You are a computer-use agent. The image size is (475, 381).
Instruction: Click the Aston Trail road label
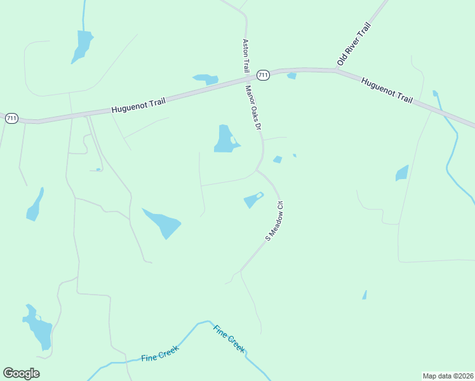[x=244, y=55]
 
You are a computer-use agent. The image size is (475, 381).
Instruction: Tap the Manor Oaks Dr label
[x=253, y=108]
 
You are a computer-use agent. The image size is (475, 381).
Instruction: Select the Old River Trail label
[x=353, y=43]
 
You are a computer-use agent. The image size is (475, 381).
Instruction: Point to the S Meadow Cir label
[x=274, y=222]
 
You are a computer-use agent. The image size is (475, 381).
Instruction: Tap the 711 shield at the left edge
[x=11, y=117]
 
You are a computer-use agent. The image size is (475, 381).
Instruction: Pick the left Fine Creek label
[x=159, y=353]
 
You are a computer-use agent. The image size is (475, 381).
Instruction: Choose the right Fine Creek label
[x=229, y=339]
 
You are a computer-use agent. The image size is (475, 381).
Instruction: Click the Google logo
[x=21, y=373]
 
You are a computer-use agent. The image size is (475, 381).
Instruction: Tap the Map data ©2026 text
[x=448, y=375]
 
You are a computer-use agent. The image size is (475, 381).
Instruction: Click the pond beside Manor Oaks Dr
[x=225, y=140]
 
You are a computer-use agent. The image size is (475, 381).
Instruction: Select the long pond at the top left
[x=82, y=46]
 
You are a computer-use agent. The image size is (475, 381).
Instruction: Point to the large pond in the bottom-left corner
[x=39, y=328]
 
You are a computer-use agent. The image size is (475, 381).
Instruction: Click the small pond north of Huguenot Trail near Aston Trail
[x=206, y=79]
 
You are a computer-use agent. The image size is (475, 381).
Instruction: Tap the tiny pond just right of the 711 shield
[x=291, y=76]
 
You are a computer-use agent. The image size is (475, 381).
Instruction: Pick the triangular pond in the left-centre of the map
[x=163, y=222]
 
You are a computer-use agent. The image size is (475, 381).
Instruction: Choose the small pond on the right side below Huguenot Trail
[x=401, y=173]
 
